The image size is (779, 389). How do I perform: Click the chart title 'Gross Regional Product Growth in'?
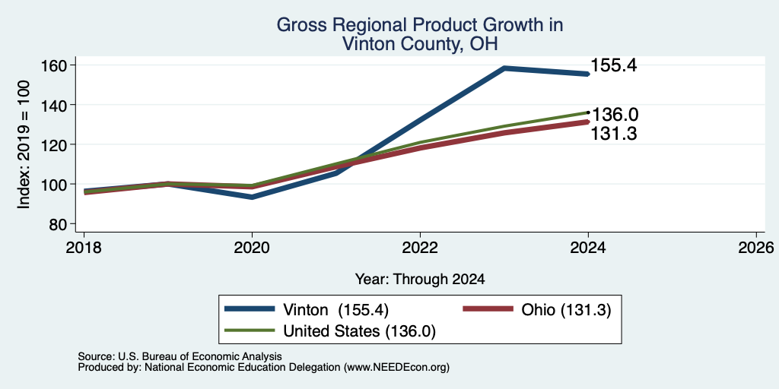point(420,25)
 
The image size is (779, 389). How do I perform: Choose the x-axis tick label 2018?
point(84,247)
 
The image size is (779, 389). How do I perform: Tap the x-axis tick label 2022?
point(420,247)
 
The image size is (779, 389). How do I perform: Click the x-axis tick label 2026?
point(756,247)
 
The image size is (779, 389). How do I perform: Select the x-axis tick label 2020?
point(252,247)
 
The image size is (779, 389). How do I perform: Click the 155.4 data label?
point(615,65)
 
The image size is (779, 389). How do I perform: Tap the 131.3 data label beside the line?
point(614,134)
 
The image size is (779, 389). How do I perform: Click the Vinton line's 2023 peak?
point(504,68)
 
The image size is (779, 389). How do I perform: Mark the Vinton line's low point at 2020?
point(252,197)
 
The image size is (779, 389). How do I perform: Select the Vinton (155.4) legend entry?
point(306,310)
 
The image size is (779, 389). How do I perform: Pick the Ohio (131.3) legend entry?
point(536,310)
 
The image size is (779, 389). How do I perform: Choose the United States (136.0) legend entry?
point(330,331)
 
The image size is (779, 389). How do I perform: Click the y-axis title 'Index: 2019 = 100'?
point(24,144)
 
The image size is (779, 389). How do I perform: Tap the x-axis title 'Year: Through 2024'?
point(420,280)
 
